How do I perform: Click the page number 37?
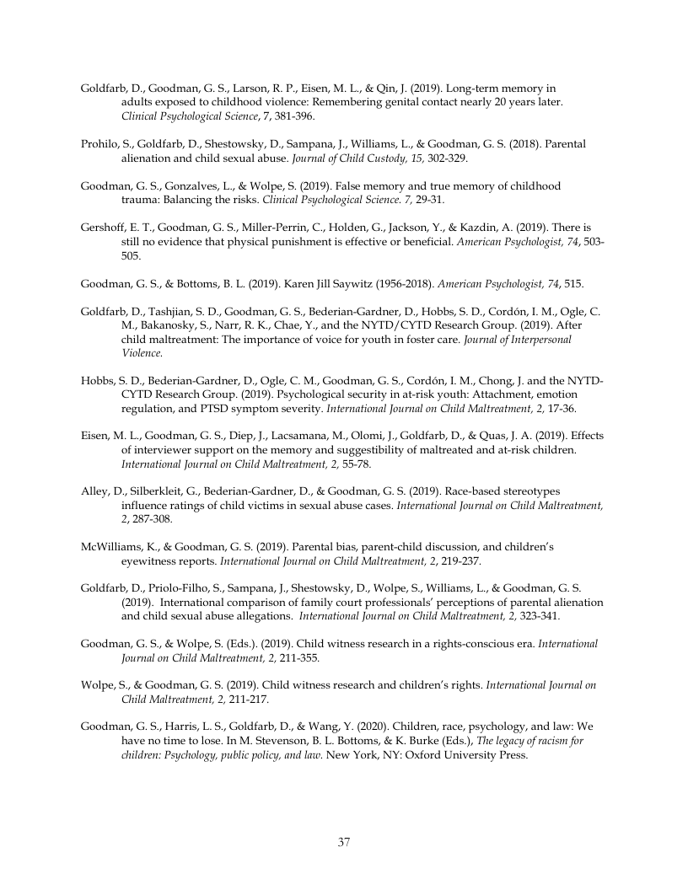click(x=344, y=842)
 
